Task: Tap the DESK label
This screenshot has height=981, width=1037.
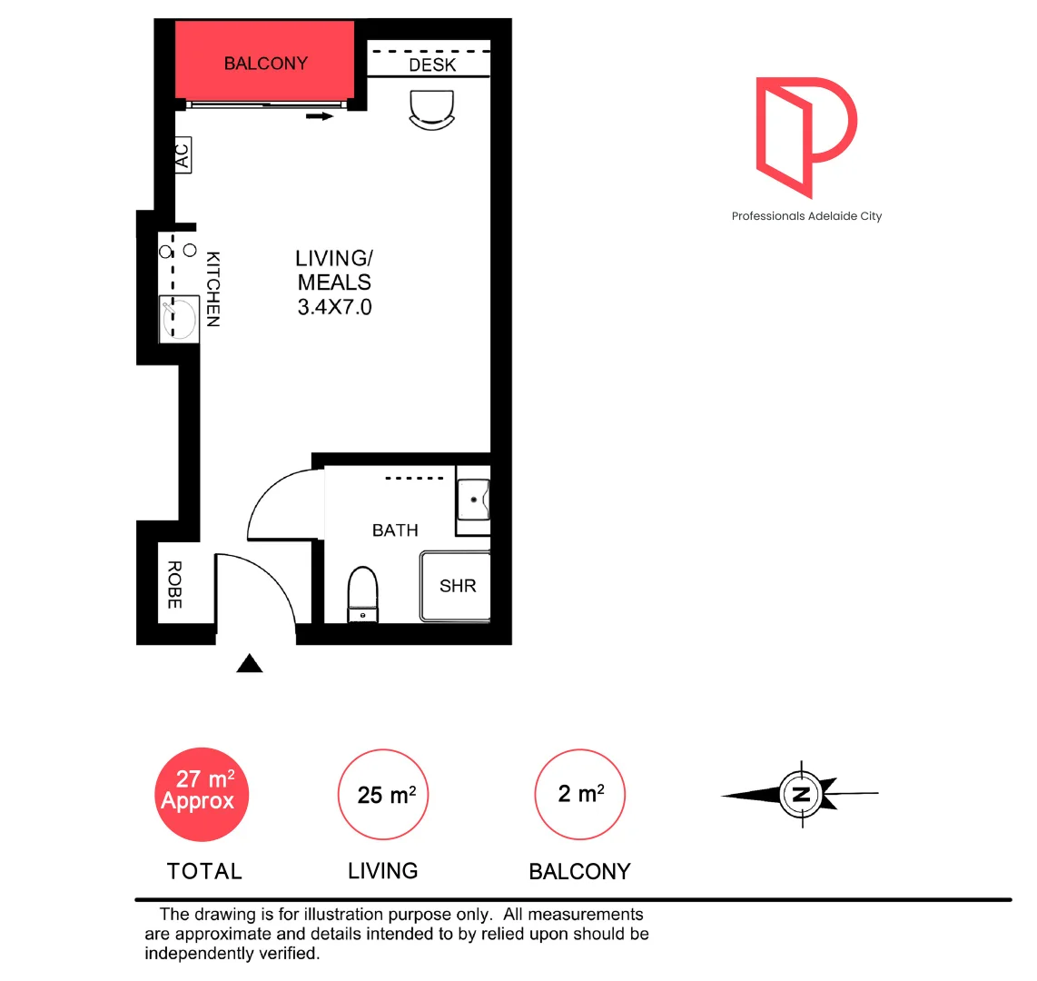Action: (x=432, y=65)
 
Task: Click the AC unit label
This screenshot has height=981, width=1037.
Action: (x=183, y=154)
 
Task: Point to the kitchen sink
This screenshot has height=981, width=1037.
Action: (x=179, y=318)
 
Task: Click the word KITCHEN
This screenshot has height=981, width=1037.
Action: (x=212, y=289)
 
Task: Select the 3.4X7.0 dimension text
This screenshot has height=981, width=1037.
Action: (x=334, y=307)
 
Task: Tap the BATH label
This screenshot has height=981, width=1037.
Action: (x=395, y=530)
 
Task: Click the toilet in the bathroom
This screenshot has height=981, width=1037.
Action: (x=362, y=593)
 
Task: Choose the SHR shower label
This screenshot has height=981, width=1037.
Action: (x=458, y=586)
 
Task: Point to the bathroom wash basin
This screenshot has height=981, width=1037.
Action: (x=473, y=499)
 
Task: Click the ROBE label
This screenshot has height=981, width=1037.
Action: (x=174, y=584)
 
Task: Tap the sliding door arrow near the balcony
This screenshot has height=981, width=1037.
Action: (x=321, y=116)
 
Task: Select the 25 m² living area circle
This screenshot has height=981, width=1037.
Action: (x=383, y=795)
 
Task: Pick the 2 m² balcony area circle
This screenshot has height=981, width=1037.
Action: (x=580, y=794)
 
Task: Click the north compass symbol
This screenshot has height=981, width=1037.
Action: (x=801, y=795)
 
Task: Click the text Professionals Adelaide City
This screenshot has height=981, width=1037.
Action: (x=806, y=216)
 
